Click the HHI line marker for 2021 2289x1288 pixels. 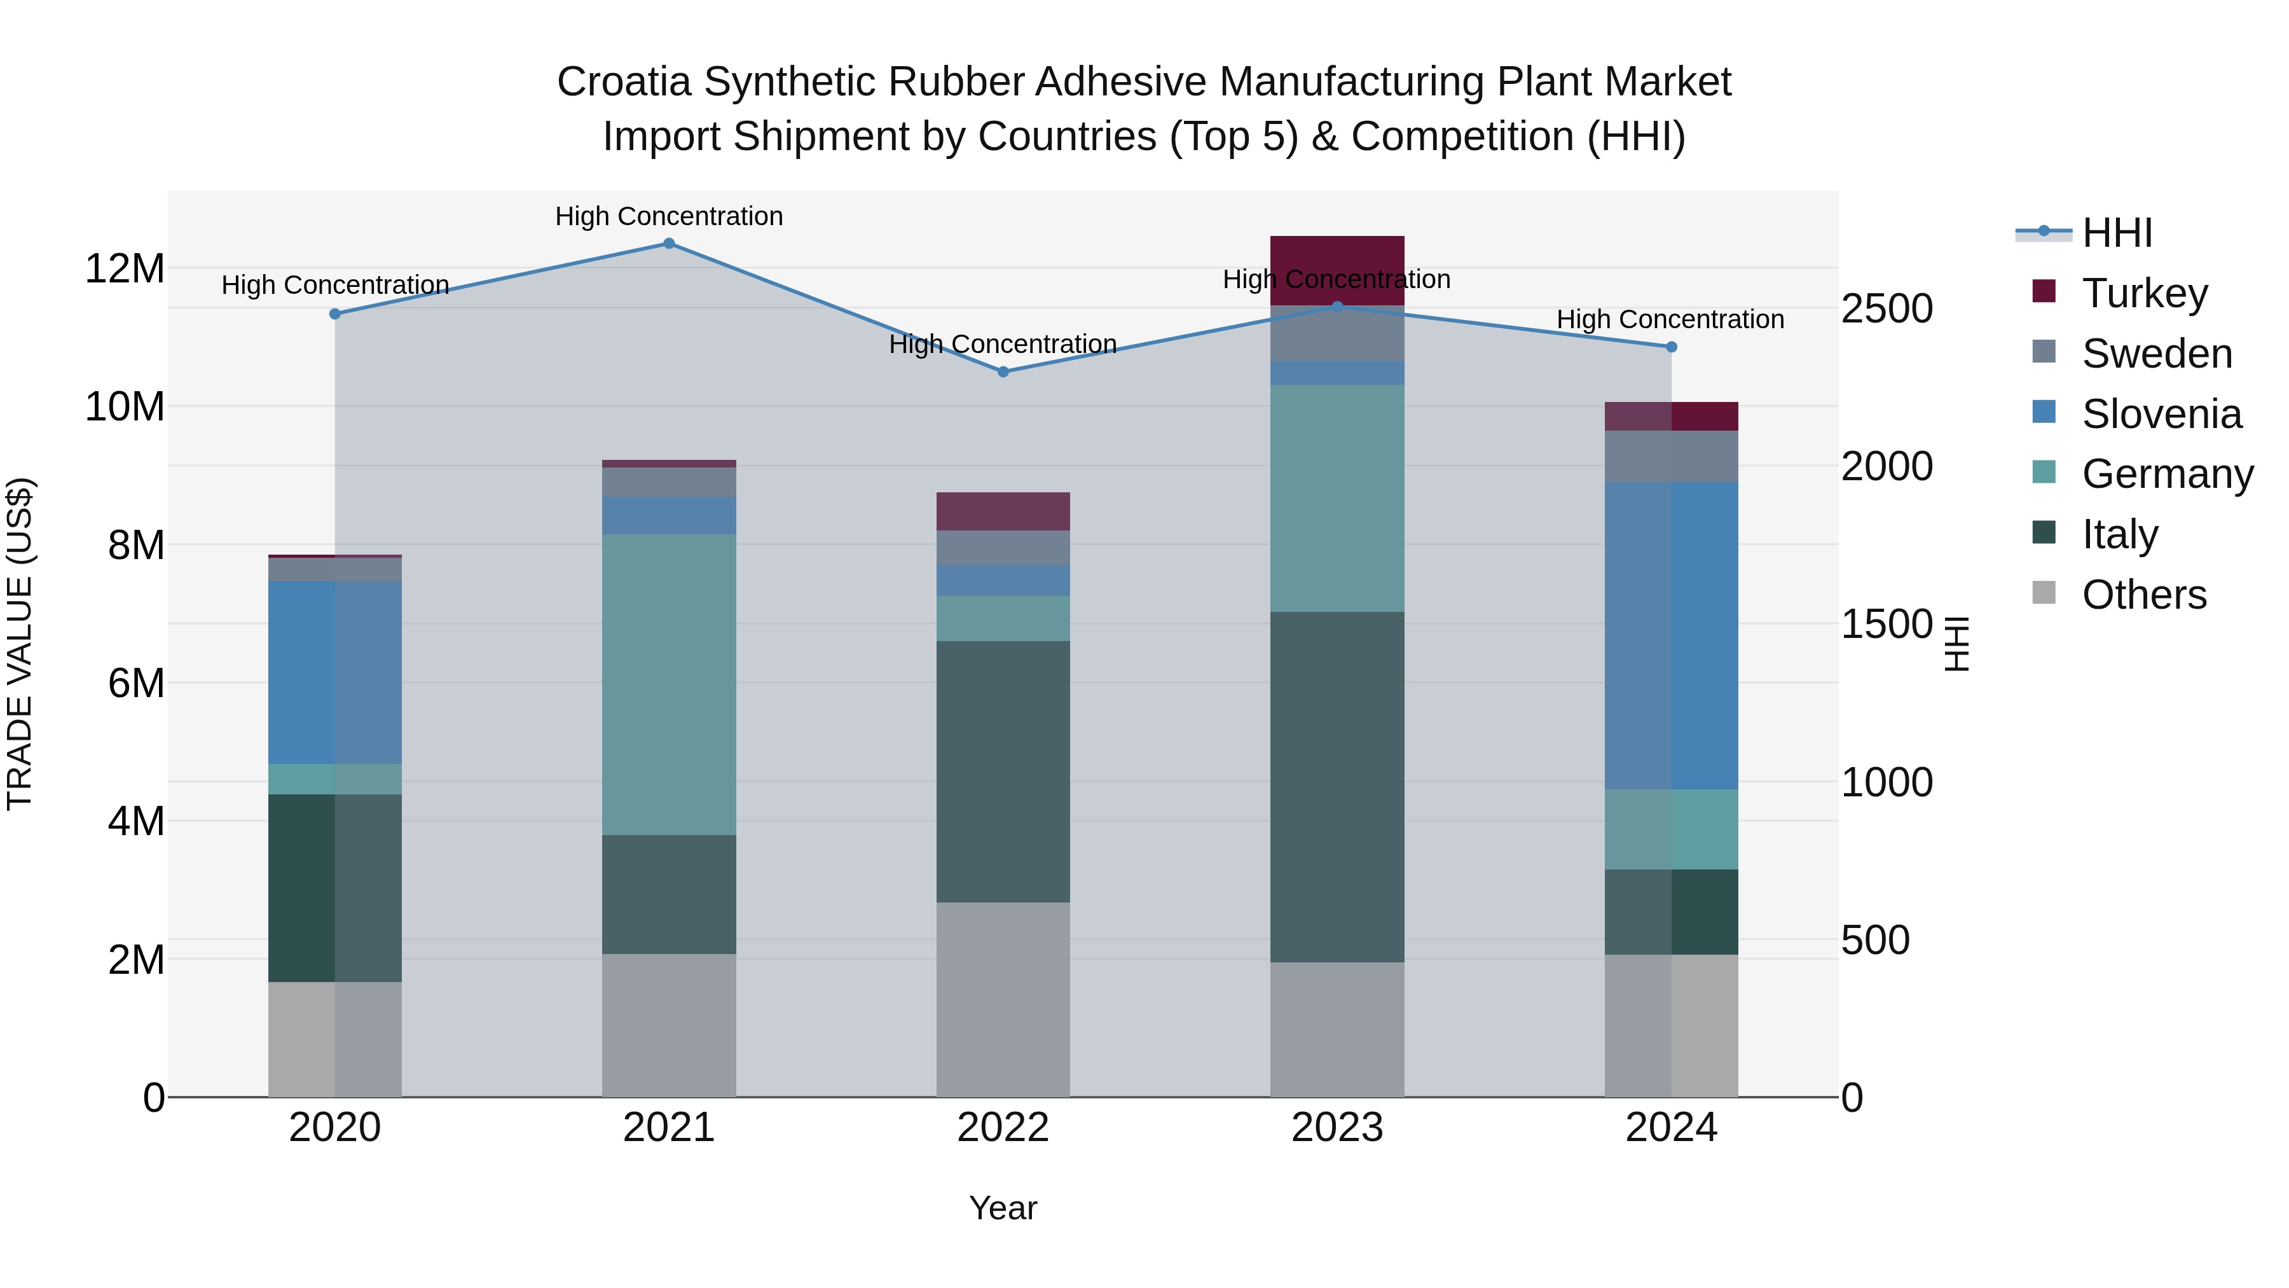click(669, 244)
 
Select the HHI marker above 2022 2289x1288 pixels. click(1003, 371)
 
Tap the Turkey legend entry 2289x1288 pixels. click(2143, 293)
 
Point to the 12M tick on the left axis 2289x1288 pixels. click(125, 268)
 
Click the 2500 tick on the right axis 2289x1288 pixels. click(1887, 308)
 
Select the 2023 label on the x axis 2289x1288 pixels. click(1337, 1128)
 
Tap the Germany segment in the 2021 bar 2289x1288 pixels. click(669, 684)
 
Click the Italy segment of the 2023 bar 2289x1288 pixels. click(1337, 787)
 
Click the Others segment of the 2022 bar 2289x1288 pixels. click(1003, 999)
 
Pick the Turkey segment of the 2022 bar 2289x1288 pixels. click(1003, 511)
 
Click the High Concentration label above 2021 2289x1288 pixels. click(669, 216)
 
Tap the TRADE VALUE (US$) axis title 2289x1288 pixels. click(20, 644)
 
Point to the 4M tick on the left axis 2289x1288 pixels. click(136, 821)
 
